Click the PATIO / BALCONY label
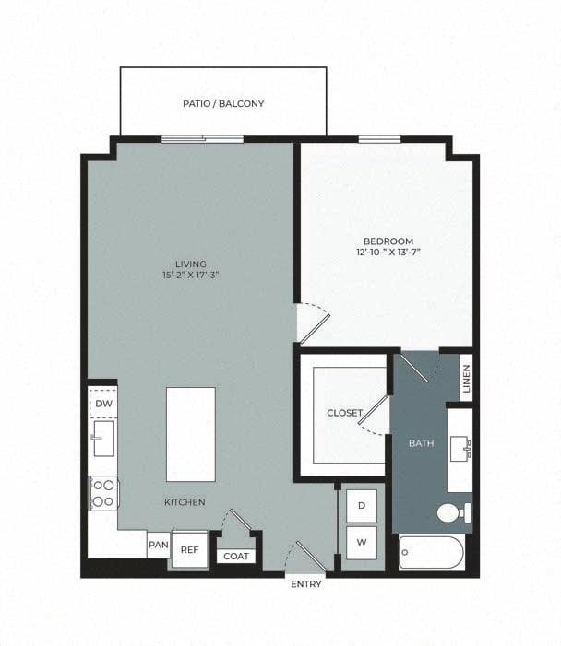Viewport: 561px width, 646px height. pos(222,104)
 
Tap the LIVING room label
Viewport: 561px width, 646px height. pos(192,264)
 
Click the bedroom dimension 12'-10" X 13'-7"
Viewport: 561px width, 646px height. pos(388,252)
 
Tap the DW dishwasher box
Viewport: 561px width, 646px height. pos(102,403)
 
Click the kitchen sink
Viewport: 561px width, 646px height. pos(102,438)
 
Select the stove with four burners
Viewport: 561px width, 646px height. pos(102,492)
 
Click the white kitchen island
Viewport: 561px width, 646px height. pos(191,433)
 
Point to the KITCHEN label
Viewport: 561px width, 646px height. pos(185,502)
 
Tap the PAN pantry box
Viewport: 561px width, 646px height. pos(157,545)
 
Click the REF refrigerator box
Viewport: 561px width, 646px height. pos(189,549)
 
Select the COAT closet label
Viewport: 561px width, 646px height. pos(235,556)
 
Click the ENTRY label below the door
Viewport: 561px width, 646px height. pos(305,584)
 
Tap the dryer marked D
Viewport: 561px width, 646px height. pos(361,506)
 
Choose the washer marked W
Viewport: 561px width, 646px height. pos(361,543)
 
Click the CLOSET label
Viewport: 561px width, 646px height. pos(344,413)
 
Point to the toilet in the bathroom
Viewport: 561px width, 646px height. pos(454,512)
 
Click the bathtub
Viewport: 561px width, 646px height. pos(433,553)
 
